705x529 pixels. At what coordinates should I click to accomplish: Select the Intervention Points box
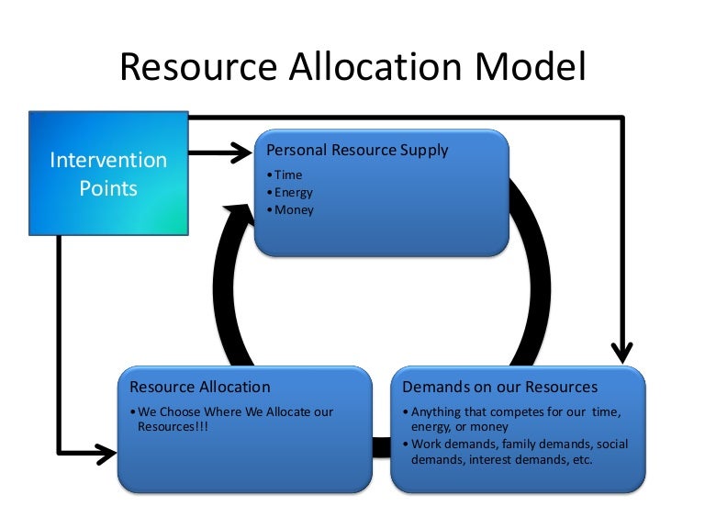pyautogui.click(x=109, y=174)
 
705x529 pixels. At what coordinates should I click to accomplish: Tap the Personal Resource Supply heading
pyautogui.click(x=357, y=150)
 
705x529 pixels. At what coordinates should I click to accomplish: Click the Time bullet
pyautogui.click(x=287, y=174)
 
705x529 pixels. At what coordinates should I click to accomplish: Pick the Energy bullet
pyautogui.click(x=293, y=192)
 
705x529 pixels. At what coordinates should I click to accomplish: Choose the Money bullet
pyautogui.click(x=293, y=210)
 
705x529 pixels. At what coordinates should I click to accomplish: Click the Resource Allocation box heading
pyautogui.click(x=200, y=387)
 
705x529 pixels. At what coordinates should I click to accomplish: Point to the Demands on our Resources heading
pyautogui.click(x=500, y=387)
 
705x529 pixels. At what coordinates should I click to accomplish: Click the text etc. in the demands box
pyautogui.click(x=580, y=459)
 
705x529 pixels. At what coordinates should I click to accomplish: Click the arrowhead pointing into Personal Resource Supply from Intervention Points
pyautogui.click(x=242, y=151)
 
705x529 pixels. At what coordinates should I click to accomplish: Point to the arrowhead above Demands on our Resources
pyautogui.click(x=622, y=352)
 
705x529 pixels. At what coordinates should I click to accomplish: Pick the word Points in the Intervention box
pyautogui.click(x=108, y=188)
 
